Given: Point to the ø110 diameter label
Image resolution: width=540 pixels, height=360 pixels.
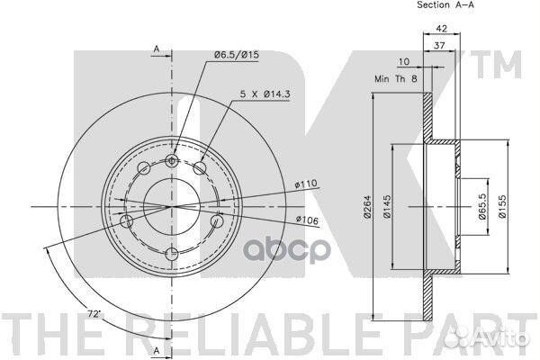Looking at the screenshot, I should click(306, 184).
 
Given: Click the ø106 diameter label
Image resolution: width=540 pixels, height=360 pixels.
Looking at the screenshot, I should click(306, 219).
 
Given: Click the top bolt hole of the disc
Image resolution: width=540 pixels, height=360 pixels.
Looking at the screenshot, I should click(173, 160).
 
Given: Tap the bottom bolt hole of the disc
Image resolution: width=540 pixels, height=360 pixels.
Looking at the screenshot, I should click(173, 253).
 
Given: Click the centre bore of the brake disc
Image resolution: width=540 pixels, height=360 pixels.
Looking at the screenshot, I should click(173, 206).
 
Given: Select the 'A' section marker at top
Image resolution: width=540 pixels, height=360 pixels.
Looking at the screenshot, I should click(157, 49).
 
